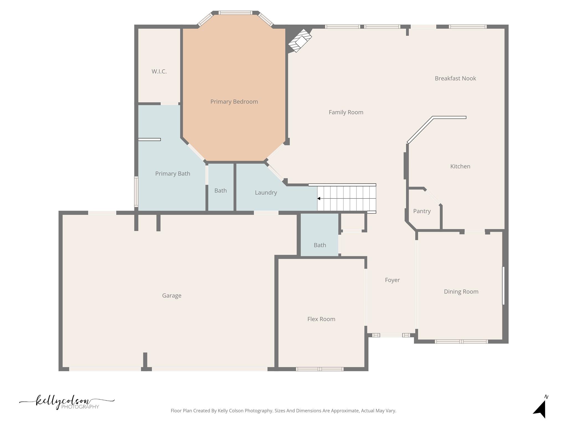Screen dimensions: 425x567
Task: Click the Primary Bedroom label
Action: click(234, 102)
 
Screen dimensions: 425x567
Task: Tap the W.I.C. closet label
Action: click(159, 71)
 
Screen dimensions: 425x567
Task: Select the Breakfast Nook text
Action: click(455, 78)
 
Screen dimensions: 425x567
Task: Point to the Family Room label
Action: click(346, 112)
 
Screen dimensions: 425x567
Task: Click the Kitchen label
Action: click(460, 166)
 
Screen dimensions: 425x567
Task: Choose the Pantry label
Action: click(422, 211)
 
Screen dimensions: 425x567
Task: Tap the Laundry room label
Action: click(266, 193)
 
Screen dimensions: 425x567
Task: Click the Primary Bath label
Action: click(172, 173)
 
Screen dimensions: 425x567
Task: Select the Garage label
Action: click(172, 296)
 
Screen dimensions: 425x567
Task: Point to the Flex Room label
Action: click(321, 319)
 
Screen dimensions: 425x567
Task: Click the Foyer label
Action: click(392, 280)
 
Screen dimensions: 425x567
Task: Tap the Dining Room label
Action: click(461, 292)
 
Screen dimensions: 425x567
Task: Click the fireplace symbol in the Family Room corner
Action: click(300, 41)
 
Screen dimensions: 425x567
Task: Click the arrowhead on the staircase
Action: click(319, 198)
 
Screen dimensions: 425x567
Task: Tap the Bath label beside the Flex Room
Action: click(320, 245)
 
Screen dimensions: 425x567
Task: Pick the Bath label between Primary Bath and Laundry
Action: click(220, 191)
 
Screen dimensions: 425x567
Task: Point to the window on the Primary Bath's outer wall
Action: click(136, 192)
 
